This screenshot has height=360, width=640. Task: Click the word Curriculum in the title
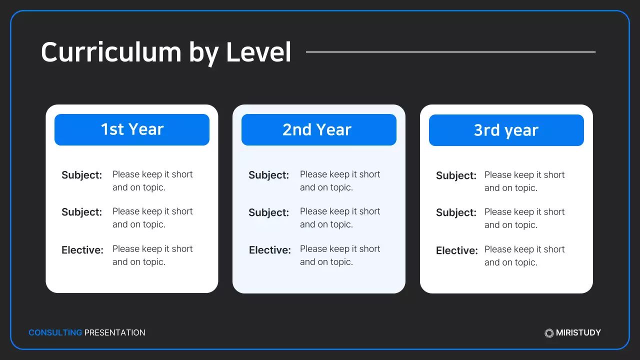(110, 52)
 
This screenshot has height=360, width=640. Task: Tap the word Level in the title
(258, 52)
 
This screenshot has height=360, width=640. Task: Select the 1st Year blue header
(132, 129)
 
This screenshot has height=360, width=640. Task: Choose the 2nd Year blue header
(319, 130)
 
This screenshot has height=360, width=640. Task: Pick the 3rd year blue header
(506, 130)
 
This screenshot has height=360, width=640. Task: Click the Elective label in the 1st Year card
(82, 249)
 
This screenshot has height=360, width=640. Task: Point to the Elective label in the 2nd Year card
(270, 250)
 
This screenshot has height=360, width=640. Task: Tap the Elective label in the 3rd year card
(457, 250)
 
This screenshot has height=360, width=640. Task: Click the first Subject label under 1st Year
(82, 175)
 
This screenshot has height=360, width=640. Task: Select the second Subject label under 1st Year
(82, 212)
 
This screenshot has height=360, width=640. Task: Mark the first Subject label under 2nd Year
(269, 175)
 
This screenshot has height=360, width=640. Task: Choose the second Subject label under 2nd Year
(269, 212)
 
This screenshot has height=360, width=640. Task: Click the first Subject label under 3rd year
(456, 175)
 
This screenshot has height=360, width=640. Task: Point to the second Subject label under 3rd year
(456, 212)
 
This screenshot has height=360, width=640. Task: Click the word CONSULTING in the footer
(55, 332)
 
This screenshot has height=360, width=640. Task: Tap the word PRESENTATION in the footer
(115, 332)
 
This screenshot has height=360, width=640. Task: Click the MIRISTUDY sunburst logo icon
(549, 333)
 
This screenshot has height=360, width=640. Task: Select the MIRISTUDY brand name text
(578, 332)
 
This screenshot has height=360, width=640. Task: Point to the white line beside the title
(450, 51)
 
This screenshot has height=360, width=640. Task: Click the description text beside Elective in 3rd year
(524, 256)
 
